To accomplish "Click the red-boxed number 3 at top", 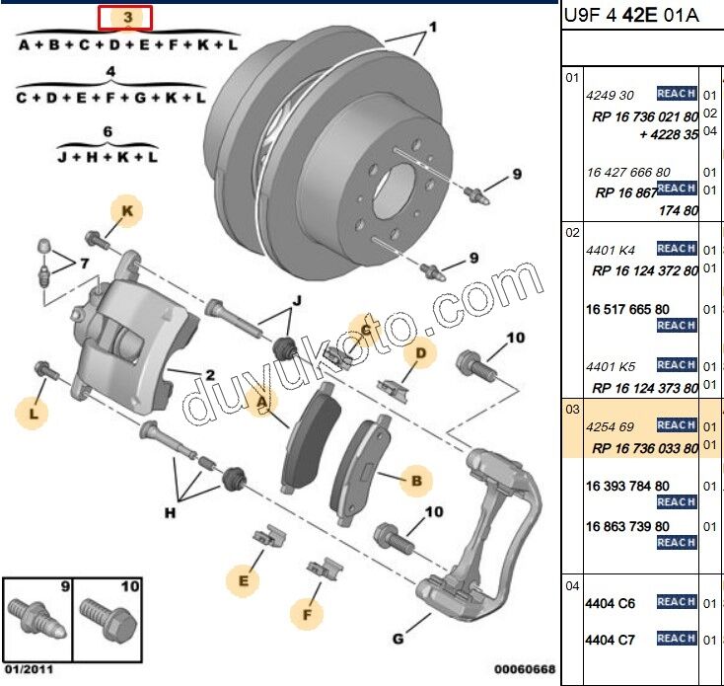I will (123, 18).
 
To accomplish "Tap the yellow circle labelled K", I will (126, 210).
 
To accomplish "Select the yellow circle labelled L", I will (34, 416).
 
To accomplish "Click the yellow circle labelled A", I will (260, 403).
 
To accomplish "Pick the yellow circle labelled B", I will (415, 481).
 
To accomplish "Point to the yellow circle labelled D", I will (420, 352).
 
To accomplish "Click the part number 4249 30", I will (610, 95).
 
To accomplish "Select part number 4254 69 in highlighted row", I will (610, 426).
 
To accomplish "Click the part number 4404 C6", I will (611, 603).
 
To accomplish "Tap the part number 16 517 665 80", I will (626, 310).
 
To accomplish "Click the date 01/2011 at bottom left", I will (28, 670).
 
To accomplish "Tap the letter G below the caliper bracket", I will (398, 640).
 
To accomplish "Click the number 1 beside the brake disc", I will (431, 28).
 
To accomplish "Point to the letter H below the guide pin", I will (170, 512).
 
